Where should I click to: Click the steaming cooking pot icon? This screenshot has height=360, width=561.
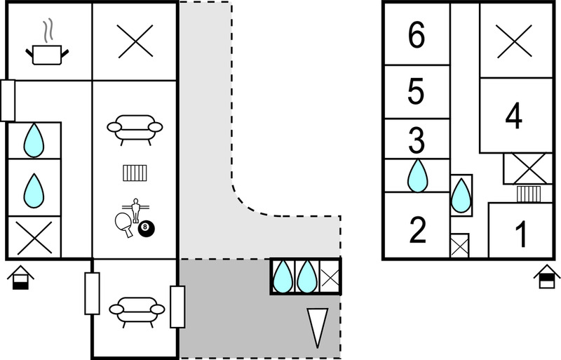tap(47, 45)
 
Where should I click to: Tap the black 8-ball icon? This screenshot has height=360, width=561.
tap(146, 229)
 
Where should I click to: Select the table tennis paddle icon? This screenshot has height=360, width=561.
tap(123, 224)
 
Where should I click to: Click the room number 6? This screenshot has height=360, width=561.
tap(417, 35)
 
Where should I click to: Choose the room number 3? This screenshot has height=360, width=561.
tap(417, 140)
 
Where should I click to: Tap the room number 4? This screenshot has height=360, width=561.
tap(514, 116)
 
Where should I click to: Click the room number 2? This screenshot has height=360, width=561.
tap(417, 229)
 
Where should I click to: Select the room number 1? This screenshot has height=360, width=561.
tap(522, 234)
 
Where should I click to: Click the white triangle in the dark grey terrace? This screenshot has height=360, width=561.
tap(318, 327)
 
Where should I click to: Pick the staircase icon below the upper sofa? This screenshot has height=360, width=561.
tap(135, 173)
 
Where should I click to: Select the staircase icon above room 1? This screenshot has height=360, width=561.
tap(529, 194)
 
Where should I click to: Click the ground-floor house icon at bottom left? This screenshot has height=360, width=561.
tap(21, 277)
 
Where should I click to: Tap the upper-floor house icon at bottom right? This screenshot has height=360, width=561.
tap(547, 276)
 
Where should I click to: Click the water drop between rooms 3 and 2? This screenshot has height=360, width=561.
tap(418, 175)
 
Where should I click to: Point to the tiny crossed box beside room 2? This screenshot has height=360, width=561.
tap(459, 246)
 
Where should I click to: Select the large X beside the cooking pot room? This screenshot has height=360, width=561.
tap(135, 41)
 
